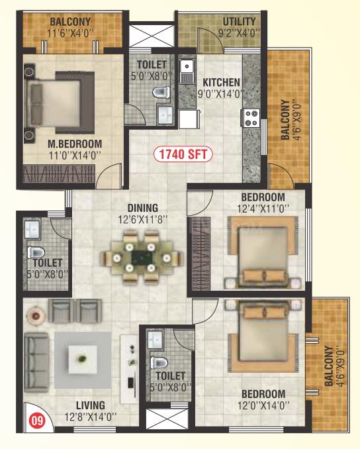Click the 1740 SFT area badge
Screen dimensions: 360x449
183,154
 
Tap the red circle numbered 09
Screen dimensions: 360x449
38,421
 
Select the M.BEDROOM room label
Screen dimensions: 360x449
75,144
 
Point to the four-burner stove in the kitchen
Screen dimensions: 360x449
251,118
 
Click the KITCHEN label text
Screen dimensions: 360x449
221,83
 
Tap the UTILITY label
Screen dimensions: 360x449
240,21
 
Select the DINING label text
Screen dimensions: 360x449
143,208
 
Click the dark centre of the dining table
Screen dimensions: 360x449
141,258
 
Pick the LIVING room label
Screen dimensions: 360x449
91,405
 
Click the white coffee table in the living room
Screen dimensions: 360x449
83,360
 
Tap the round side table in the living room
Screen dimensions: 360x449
36,316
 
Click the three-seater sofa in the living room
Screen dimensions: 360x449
36,362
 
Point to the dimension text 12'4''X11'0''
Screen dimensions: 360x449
263,209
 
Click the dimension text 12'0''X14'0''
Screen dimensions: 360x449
263,405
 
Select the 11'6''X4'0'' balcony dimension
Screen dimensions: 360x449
70,33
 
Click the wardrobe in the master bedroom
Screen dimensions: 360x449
59,174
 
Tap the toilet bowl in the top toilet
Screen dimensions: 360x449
161,92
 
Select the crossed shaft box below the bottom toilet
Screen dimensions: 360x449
167,419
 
